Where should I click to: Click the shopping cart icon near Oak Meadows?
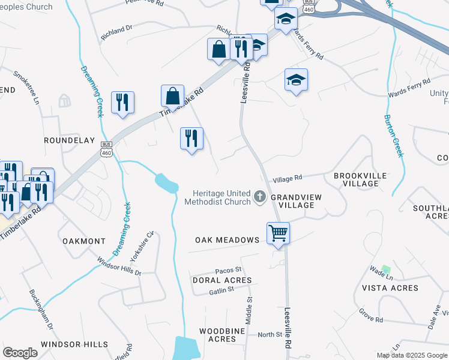[278, 232]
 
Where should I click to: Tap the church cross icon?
[260, 196]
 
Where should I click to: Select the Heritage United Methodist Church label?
[221, 197]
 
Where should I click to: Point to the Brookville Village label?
[357, 179]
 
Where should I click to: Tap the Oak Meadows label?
[227, 240]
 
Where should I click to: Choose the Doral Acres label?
[221, 280]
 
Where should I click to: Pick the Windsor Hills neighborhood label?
[74, 344]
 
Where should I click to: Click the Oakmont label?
[84, 241]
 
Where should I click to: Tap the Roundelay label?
[70, 140]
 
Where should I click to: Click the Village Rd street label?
[287, 178]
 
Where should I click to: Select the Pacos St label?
[229, 270]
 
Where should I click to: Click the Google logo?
[20, 353]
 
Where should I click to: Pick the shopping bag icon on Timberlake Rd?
[172, 96]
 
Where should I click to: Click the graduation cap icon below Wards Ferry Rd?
[296, 80]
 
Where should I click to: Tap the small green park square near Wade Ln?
[386, 269]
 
